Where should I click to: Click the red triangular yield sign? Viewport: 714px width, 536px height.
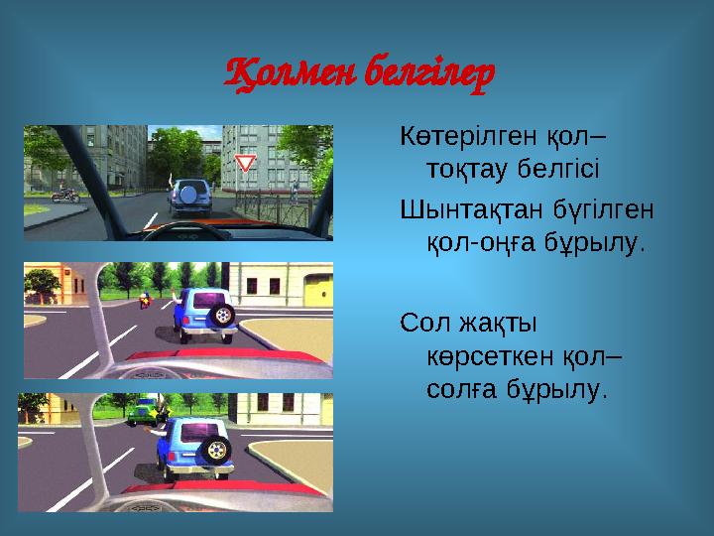tap(246, 162)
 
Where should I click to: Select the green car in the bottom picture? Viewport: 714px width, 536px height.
tap(143, 409)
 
